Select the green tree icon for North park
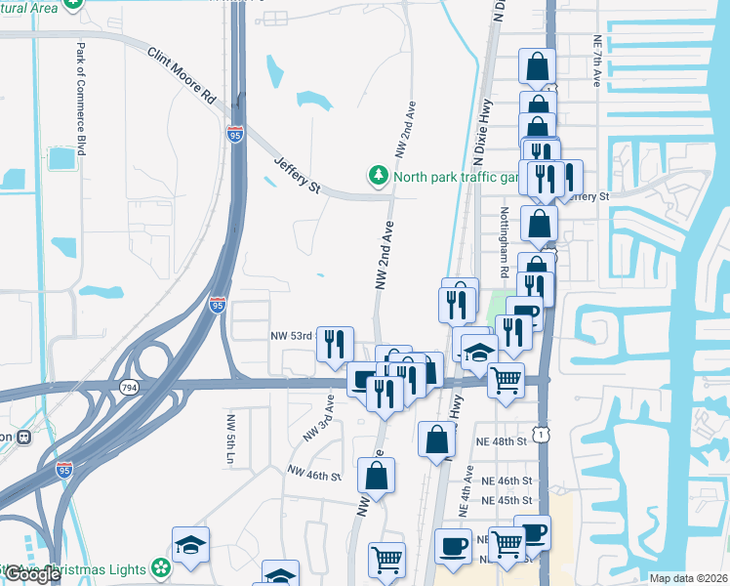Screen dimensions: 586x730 [378, 176]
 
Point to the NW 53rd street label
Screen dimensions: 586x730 [290, 336]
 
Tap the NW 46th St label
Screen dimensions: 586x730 [312, 476]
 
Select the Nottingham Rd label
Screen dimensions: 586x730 [505, 235]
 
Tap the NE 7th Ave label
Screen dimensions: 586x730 [596, 61]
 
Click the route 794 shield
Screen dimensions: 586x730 [128, 388]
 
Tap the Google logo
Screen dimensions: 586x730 [32, 575]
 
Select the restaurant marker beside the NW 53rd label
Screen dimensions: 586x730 [335, 343]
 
